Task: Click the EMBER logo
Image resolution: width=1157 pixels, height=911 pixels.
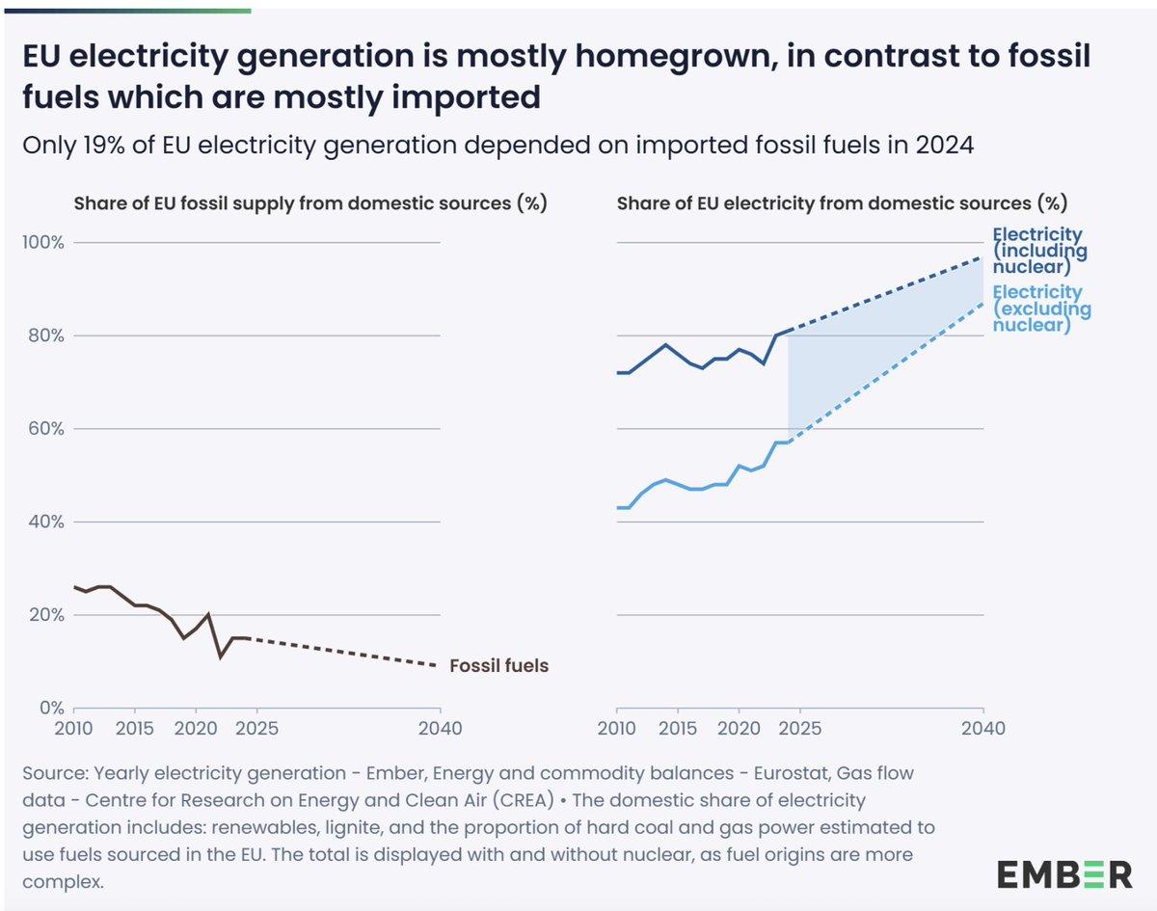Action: pos(1064,874)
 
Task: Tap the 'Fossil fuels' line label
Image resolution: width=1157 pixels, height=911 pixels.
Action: pos(498,665)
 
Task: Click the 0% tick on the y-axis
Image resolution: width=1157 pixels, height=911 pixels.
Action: pos(49,708)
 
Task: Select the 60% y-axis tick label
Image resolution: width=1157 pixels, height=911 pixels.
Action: pos(44,428)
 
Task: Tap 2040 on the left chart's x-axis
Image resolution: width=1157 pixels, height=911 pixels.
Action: pos(441,728)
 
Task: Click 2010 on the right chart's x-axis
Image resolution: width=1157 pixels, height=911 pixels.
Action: pos(617,728)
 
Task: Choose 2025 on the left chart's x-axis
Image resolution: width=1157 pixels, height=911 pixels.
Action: pos(257,728)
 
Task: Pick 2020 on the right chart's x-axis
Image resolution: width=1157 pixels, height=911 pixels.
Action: pos(740,728)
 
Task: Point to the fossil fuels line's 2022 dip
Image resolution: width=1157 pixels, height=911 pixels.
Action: pos(221,656)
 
